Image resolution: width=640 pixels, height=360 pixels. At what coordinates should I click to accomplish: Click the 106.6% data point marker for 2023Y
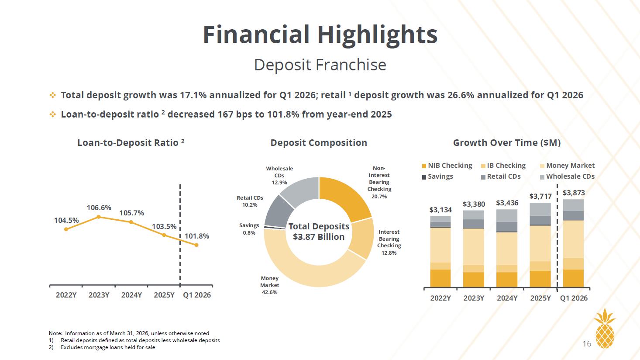[x=99, y=217]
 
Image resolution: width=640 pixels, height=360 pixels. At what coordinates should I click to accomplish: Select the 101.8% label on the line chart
[x=197, y=236]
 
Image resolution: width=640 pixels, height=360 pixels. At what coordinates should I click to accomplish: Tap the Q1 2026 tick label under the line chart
[x=197, y=295]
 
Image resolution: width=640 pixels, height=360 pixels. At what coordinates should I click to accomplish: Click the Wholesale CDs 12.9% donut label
[x=279, y=176]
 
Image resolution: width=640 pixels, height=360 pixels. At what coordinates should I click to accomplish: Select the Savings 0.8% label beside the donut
[x=249, y=229]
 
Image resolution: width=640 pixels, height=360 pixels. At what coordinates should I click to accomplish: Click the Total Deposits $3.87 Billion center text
[x=319, y=232]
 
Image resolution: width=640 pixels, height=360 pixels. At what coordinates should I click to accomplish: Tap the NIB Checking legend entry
[x=447, y=166]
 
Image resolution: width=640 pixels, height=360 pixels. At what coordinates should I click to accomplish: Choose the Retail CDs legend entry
[x=501, y=177]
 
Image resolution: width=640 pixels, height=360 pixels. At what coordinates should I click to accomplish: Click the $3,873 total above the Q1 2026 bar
[x=574, y=193]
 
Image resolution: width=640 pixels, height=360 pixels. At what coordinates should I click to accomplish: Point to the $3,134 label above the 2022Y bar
[x=440, y=210]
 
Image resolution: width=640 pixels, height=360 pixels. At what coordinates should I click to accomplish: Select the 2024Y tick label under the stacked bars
[x=507, y=298]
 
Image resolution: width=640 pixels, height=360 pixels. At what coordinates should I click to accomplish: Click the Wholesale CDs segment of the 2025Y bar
[x=540, y=209]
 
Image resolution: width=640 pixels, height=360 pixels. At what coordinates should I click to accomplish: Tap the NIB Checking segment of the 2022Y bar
[x=440, y=278]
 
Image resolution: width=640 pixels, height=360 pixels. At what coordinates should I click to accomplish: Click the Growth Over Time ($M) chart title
[x=507, y=143]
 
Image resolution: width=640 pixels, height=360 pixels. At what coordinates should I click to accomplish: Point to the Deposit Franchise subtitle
[x=320, y=65]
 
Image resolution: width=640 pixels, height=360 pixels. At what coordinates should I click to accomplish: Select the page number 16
[x=587, y=343]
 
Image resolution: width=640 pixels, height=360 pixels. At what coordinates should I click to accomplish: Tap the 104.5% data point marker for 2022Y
[x=66, y=229]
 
